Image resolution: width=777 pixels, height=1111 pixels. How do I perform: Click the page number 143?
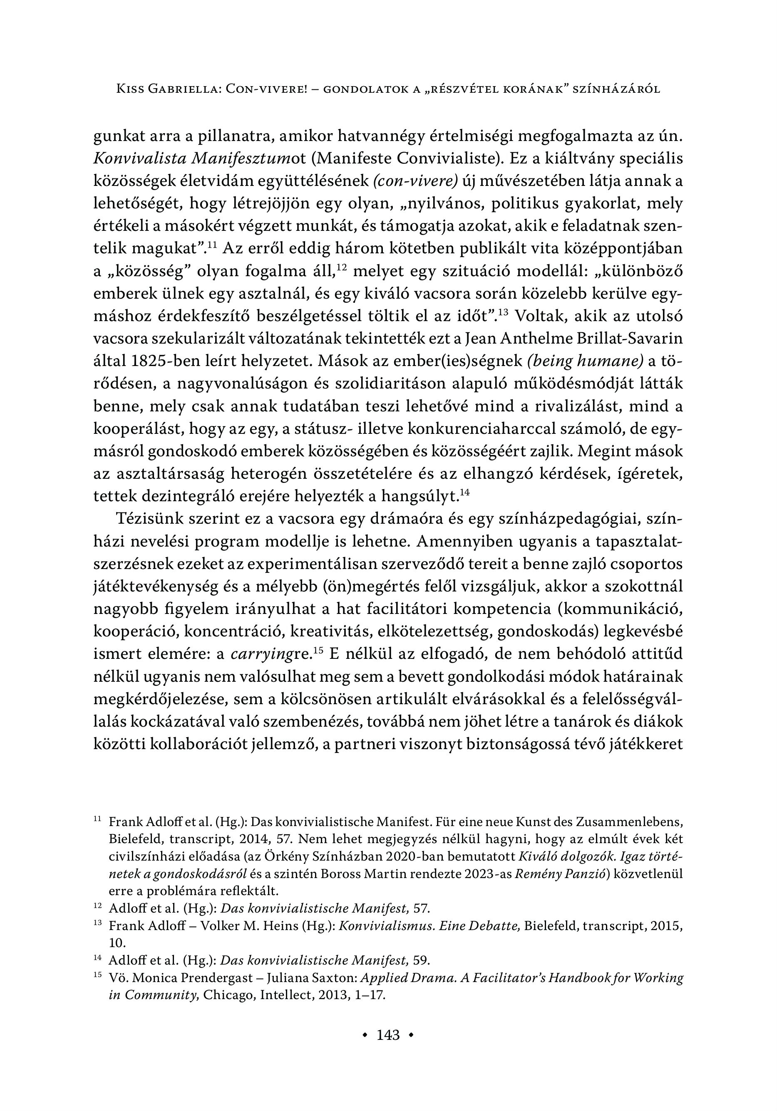click(x=388, y=1034)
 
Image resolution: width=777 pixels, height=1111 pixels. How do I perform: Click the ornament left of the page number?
click(x=366, y=1035)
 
